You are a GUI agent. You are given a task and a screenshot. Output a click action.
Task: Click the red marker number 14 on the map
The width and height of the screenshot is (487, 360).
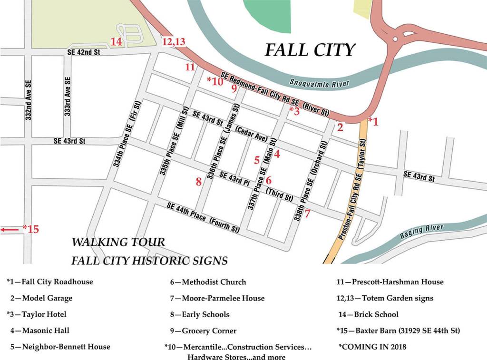click(117, 42)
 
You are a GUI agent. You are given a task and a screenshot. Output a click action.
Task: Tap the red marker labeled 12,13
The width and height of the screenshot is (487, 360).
click(174, 42)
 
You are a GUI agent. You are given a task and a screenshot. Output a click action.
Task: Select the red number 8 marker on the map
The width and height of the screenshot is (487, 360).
click(199, 181)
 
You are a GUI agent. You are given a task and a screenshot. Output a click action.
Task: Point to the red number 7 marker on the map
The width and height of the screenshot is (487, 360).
click(308, 214)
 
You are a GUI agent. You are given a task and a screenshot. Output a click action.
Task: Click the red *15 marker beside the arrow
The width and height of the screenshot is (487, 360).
click(31, 229)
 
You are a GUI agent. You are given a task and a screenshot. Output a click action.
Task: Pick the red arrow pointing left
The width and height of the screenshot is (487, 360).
click(10, 230)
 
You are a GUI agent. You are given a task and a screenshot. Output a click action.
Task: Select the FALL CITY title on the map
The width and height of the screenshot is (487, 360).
click(310, 50)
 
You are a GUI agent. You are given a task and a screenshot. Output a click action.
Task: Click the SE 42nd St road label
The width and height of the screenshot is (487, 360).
click(84, 52)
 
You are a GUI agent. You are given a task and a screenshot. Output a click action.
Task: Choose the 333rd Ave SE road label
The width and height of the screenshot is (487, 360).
click(68, 97)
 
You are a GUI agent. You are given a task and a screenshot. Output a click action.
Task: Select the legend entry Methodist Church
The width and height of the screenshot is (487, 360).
click(208, 282)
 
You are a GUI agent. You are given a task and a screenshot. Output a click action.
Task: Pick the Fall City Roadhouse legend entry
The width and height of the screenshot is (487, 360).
click(50, 282)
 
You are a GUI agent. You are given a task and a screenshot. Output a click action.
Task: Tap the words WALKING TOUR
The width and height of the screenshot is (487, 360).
click(118, 242)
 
